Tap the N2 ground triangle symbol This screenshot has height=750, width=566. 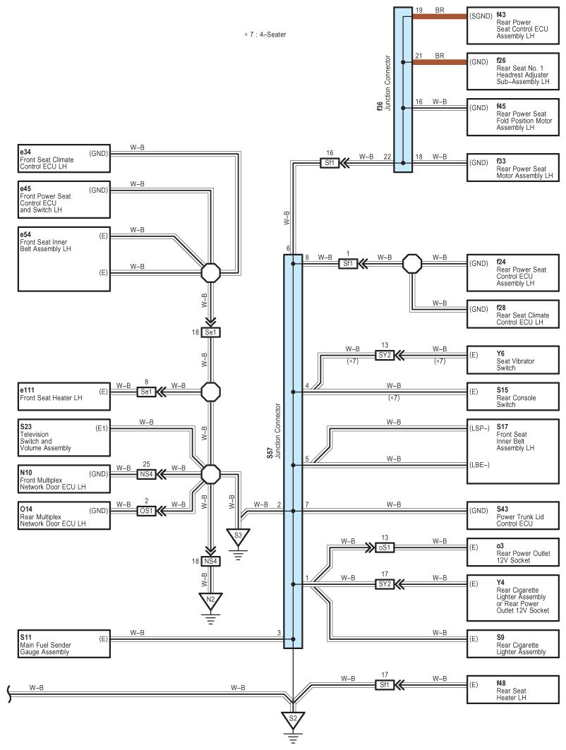[210, 601]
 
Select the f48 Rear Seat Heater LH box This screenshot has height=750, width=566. [515, 689]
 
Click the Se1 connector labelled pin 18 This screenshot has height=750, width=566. [210, 332]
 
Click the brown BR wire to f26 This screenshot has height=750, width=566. [438, 63]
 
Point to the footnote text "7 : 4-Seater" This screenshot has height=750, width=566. [264, 34]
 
